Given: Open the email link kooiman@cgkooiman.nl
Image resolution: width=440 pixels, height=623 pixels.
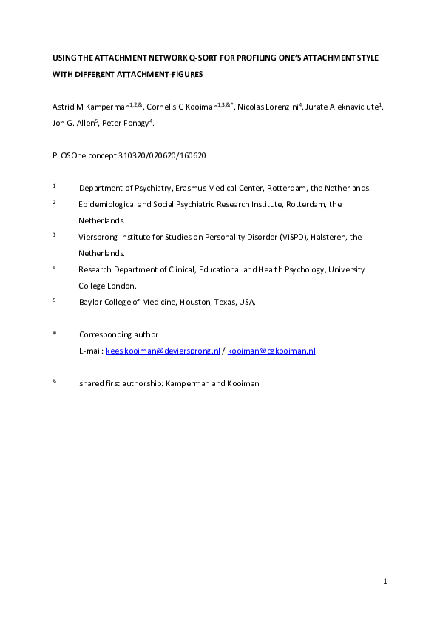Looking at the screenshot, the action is [271, 351].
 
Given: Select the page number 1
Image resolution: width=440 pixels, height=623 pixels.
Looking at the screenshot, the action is [385, 582].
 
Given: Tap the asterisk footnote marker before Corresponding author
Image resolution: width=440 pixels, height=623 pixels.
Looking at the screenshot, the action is [54, 334].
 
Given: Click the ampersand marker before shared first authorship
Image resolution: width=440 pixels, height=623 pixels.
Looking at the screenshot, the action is [55, 382].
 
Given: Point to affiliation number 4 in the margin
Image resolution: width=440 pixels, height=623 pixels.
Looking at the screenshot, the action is [54, 268].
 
